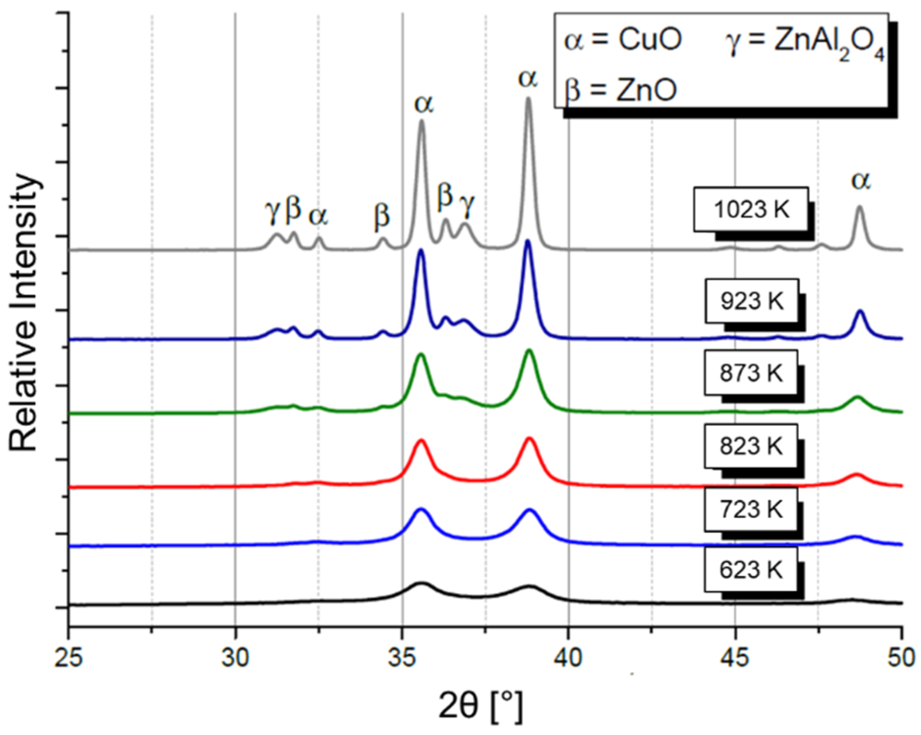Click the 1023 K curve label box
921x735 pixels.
pos(750,210)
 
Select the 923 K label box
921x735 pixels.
pos(751,301)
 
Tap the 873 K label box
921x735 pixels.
pos(750,373)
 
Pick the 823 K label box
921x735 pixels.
pos(750,446)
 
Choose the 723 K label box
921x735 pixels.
pos(750,509)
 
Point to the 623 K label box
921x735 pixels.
pos(750,570)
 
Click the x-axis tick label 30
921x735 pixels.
pos(235,657)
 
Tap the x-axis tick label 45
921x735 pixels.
pos(735,657)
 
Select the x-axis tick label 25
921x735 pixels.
pos(69,657)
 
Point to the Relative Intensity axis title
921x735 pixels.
pos(24,312)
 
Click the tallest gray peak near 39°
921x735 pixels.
pos(528,100)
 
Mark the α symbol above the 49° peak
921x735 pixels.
pos(861,180)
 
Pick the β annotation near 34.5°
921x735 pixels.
pos(382,216)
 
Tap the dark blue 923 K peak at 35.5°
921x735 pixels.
pos(421,251)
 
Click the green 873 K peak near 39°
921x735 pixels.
pos(529,351)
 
